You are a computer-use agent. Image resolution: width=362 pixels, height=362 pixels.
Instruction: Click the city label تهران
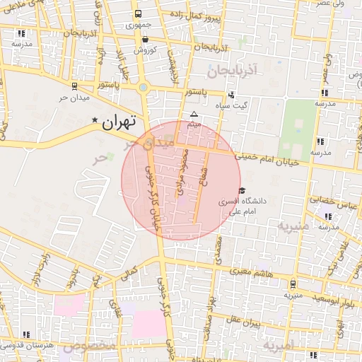pos(117,122)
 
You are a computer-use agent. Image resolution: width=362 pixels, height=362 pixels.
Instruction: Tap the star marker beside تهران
pos(95,121)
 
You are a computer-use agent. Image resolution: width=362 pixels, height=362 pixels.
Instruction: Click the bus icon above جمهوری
pos(138,14)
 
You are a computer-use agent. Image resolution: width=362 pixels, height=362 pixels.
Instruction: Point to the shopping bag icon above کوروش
pos(145,40)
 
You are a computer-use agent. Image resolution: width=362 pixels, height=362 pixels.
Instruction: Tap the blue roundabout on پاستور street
pos(144,88)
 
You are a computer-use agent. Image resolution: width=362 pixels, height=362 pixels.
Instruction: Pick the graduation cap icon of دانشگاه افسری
pos(243,190)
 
